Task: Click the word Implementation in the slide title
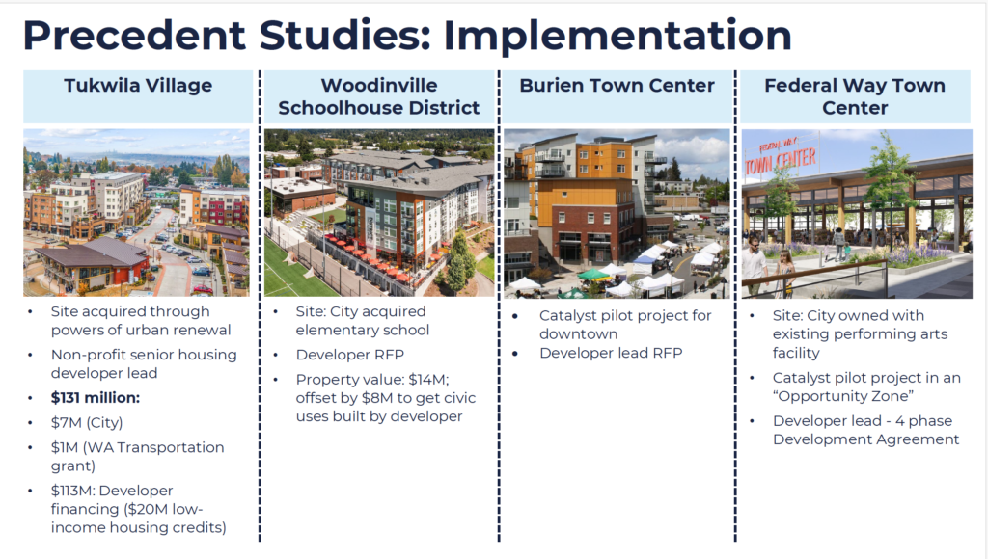617,37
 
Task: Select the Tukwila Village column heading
138,86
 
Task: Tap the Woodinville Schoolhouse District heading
378,96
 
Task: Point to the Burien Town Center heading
617,86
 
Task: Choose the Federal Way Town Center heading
855,96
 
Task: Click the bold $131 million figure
96,398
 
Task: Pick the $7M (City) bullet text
87,422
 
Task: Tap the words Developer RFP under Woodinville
349,355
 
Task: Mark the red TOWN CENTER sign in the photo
781,158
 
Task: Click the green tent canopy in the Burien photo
594,275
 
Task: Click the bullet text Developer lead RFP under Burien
611,353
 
